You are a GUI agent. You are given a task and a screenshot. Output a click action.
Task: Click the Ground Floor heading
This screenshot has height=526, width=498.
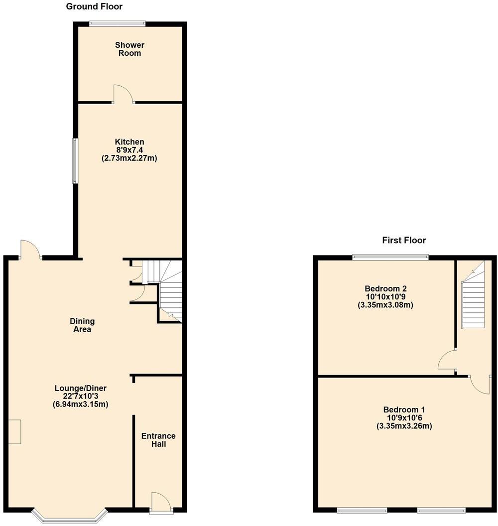point(94,6)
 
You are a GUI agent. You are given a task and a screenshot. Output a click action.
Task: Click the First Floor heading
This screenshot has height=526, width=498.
point(403,240)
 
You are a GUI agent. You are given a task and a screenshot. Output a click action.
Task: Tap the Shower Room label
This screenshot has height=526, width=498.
point(129,49)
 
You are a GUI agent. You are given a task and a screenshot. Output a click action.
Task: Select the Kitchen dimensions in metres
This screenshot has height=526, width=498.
point(129,158)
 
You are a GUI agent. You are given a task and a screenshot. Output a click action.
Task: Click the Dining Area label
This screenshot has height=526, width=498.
point(82,325)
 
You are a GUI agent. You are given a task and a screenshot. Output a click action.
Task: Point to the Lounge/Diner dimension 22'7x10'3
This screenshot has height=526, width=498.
point(81,396)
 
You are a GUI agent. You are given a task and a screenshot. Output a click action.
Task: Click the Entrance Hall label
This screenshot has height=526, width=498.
point(158,440)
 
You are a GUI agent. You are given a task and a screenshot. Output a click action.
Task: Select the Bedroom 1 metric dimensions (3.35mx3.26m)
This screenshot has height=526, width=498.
point(404,426)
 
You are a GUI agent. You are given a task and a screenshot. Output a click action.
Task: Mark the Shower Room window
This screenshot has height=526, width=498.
point(117,23)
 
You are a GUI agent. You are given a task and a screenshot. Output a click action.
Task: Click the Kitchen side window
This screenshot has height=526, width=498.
point(75,160)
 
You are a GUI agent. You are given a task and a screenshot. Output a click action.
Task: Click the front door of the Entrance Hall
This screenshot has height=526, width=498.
point(161,502)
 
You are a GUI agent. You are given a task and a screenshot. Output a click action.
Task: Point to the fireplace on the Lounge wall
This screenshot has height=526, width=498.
point(14,431)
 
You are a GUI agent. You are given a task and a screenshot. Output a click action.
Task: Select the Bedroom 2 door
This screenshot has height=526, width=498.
point(447,361)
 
